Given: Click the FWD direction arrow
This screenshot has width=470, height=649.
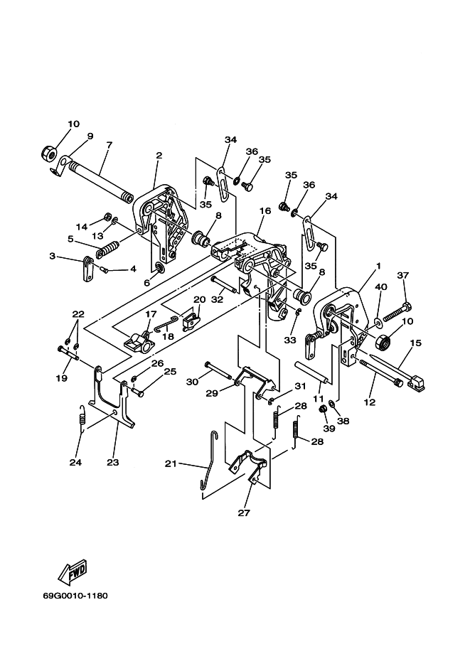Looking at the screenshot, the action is (x=73, y=572).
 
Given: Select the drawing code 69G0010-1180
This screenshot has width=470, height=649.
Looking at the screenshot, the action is (x=75, y=596).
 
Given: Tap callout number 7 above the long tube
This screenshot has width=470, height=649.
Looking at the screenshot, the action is (x=109, y=145).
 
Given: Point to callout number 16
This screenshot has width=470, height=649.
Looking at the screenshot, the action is (x=265, y=210).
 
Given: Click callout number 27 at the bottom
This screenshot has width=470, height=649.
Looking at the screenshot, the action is (x=244, y=513).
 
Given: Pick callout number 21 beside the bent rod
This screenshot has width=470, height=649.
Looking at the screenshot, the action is (x=171, y=464).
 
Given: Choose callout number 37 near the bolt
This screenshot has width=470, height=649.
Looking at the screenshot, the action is (x=403, y=275).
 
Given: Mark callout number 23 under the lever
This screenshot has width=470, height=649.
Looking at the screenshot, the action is (x=112, y=462).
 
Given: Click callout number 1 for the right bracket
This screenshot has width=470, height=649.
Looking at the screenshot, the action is (x=378, y=266).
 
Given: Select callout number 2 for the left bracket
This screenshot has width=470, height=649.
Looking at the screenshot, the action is (x=159, y=155).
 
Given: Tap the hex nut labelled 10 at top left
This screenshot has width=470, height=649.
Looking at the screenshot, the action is (x=48, y=154).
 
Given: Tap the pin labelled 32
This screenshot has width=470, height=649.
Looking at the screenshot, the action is (x=224, y=284).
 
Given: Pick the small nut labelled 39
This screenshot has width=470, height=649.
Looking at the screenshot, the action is (x=324, y=409).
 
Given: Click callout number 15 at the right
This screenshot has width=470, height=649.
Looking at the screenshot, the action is (x=416, y=343).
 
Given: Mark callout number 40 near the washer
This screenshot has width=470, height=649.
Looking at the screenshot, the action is (x=381, y=287).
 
